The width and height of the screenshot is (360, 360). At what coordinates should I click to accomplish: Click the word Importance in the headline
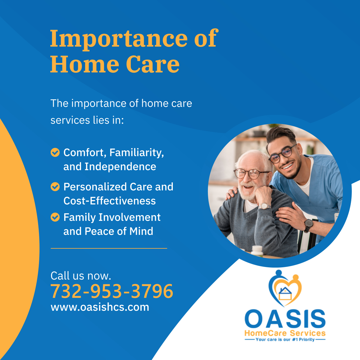pyautogui.click(x=119, y=38)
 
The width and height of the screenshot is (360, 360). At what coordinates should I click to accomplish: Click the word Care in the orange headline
pyautogui.click(x=153, y=64)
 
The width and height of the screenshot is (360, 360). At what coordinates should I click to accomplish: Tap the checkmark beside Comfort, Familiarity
pyautogui.click(x=55, y=152)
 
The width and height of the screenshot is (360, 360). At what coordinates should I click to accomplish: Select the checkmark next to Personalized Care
pyautogui.click(x=55, y=187)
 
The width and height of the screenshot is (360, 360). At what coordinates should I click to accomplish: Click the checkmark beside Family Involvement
pyautogui.click(x=55, y=217)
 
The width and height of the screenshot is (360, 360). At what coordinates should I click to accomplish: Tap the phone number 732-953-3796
pyautogui.click(x=112, y=291)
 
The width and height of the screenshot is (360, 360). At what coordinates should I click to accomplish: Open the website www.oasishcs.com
pyautogui.click(x=100, y=307)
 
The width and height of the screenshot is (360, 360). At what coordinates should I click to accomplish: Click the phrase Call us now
pyautogui.click(x=81, y=276)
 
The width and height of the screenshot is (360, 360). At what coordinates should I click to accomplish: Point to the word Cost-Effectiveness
pyautogui.click(x=110, y=201)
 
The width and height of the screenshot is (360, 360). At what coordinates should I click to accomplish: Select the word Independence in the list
pyautogui.click(x=120, y=166)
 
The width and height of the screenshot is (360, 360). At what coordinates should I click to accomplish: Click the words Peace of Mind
pyautogui.click(x=119, y=231)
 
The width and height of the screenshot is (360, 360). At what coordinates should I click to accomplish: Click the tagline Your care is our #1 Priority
pyautogui.click(x=285, y=339)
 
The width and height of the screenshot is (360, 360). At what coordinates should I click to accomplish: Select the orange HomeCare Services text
pyautogui.click(x=285, y=333)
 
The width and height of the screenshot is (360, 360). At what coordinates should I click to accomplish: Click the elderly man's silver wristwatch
pyautogui.click(x=265, y=206)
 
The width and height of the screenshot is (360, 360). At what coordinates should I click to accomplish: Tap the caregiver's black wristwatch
pyautogui.click(x=308, y=225)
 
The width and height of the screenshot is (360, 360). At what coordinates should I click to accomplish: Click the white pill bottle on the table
pyautogui.click(x=257, y=250)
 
